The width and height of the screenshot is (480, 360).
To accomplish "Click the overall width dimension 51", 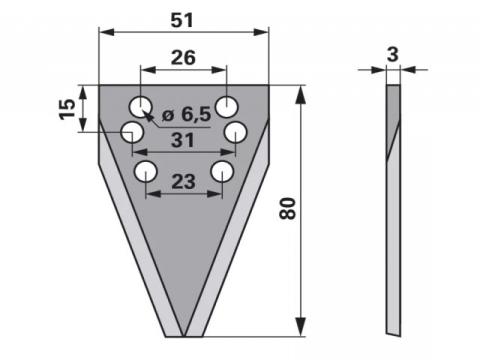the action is (x=182, y=21).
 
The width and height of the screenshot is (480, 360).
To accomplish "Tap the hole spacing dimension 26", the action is (x=183, y=58).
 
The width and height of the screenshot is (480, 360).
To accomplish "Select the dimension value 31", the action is (x=183, y=140).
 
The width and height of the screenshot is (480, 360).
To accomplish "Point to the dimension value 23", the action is (x=183, y=182).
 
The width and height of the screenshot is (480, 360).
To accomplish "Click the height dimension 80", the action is (x=287, y=208).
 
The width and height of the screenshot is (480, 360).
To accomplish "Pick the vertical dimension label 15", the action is (x=67, y=109).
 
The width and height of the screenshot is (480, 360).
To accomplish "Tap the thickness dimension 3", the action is (x=393, y=54).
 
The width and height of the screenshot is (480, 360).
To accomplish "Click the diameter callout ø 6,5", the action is (x=186, y=115).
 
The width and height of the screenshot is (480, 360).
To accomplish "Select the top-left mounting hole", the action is (x=141, y=107).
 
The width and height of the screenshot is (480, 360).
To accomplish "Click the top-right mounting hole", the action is (x=227, y=107).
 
